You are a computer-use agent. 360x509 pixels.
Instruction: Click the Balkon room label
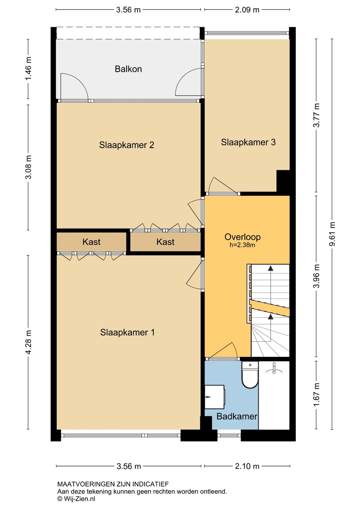tap(128, 69)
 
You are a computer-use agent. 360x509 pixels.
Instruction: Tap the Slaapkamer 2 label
tap(127, 145)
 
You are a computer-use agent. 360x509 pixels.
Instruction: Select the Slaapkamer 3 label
tap(248, 142)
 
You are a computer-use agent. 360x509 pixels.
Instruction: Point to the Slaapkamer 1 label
tap(127, 332)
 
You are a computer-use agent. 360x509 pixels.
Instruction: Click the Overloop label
tap(243, 237)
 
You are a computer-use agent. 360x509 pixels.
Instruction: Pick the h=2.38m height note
tap(242, 245)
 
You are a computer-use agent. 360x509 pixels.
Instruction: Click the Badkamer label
tap(237, 416)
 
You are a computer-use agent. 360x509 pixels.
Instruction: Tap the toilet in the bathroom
tap(250, 375)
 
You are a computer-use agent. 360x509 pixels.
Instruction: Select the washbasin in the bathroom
tap(215, 397)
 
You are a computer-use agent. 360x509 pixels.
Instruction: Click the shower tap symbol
tap(274, 369)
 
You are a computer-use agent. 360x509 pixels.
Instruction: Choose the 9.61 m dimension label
tap(332, 234)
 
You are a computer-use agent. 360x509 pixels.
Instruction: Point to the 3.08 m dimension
tap(28, 167)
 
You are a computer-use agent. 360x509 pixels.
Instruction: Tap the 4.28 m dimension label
tap(28, 342)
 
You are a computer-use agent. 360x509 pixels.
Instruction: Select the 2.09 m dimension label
tap(247, 10)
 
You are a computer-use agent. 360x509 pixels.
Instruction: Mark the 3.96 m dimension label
tap(317, 276)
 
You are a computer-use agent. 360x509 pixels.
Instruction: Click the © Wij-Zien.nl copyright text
tap(76, 499)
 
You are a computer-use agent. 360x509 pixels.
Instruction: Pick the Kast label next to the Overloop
tap(165, 242)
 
